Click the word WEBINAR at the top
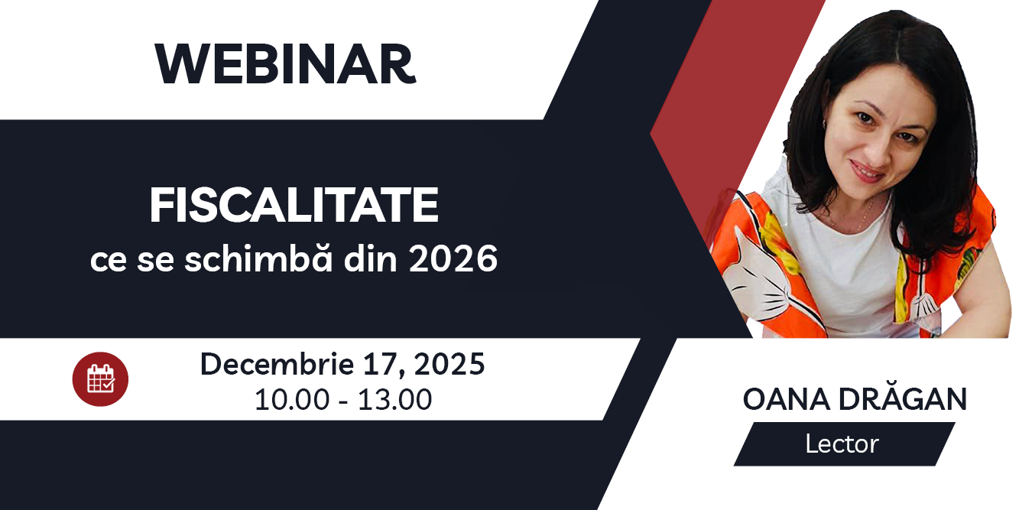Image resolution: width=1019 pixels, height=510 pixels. pos(285,65)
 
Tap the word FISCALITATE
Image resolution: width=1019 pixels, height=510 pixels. pos(294,206)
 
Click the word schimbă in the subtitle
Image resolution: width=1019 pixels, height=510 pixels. pos(247,260)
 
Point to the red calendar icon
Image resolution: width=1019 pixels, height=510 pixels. pos(100,379)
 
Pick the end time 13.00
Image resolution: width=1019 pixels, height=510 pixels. pos(395,399)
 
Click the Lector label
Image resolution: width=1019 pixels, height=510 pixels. pos(842,443)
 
